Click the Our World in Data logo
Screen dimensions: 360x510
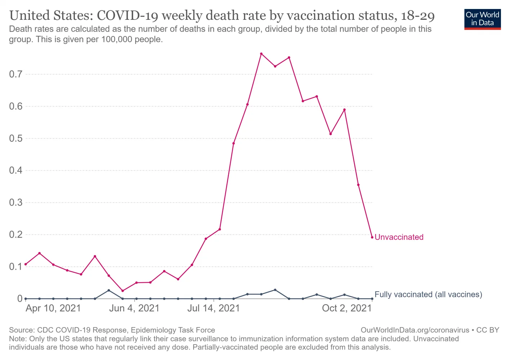482,19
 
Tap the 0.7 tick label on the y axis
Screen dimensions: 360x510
16,74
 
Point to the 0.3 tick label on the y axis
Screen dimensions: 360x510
16,202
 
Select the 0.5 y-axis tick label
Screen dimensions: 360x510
16,138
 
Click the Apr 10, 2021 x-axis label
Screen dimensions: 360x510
53,308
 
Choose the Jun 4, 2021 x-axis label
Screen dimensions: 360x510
134,308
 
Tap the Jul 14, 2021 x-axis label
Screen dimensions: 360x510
213,308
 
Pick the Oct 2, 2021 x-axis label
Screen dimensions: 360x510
347,308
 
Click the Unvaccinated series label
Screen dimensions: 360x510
399,237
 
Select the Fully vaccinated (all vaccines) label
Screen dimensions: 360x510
428,294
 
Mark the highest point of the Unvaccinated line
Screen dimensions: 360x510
261,54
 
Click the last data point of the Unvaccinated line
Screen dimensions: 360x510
372,237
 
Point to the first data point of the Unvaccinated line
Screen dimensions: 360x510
26,264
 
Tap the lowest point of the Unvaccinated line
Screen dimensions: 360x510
123,291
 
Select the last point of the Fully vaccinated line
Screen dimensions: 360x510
372,299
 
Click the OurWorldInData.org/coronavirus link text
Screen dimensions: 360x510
415,330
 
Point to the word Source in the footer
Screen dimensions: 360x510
22,330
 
